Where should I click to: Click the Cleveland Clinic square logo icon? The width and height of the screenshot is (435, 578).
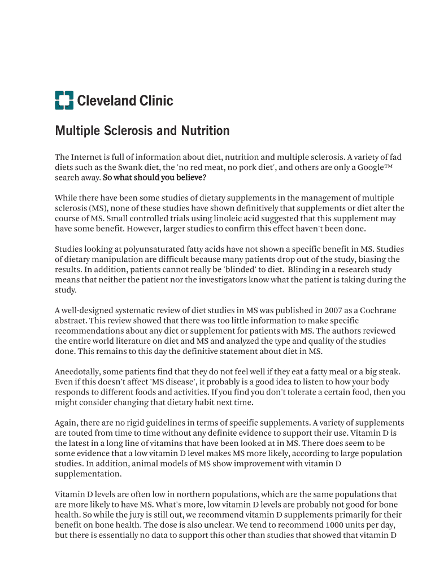(x=64, y=100)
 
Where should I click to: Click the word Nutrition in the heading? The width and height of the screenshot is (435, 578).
(x=205, y=131)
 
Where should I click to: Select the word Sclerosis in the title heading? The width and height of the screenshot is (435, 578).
(x=122, y=131)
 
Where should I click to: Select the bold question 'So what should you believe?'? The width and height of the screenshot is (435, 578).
(x=154, y=177)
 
